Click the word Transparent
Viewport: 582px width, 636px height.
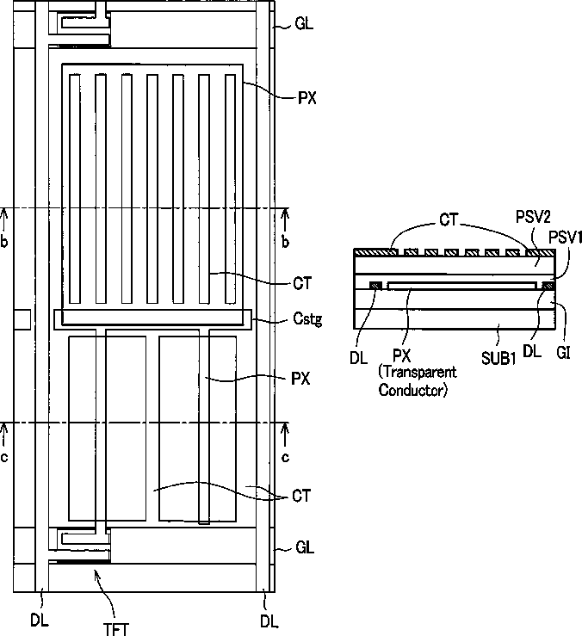tap(418, 372)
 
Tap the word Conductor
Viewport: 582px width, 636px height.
tap(413, 390)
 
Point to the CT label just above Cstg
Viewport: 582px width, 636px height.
tap(301, 281)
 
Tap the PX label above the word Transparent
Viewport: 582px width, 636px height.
tap(399, 355)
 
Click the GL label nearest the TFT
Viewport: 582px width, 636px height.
tap(304, 547)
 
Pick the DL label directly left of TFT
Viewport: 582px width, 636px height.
tap(39, 617)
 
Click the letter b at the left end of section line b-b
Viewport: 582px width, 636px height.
tap(5, 242)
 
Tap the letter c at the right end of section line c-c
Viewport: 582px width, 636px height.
tap(286, 455)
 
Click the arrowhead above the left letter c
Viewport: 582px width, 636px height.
tap(5, 426)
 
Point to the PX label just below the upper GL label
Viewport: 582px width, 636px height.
tap(305, 98)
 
